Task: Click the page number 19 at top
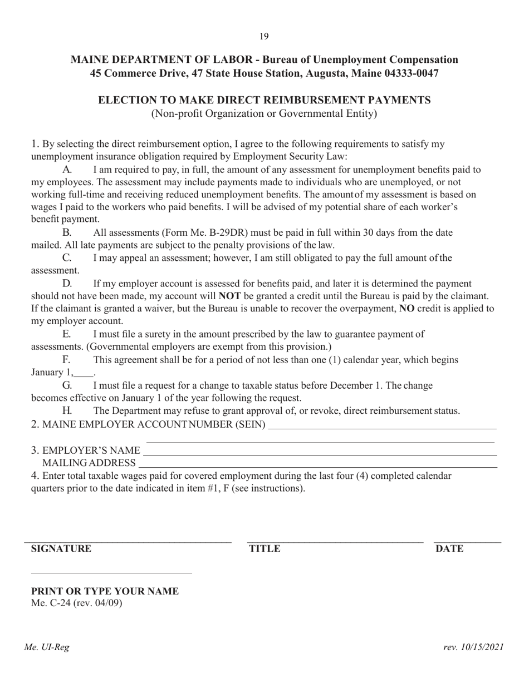click(264, 37)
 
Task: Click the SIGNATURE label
click(61, 549)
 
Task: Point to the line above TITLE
click(335, 542)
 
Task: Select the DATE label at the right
click(449, 549)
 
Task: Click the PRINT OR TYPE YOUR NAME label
click(105, 591)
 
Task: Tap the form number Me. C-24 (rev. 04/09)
click(77, 603)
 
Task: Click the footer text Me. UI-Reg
click(46, 647)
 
